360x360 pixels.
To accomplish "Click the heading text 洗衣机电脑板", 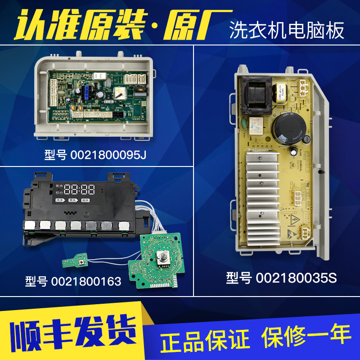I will click(x=287, y=30).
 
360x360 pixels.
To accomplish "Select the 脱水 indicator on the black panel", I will click(x=85, y=200).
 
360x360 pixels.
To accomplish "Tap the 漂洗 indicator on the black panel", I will click(x=72, y=200).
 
